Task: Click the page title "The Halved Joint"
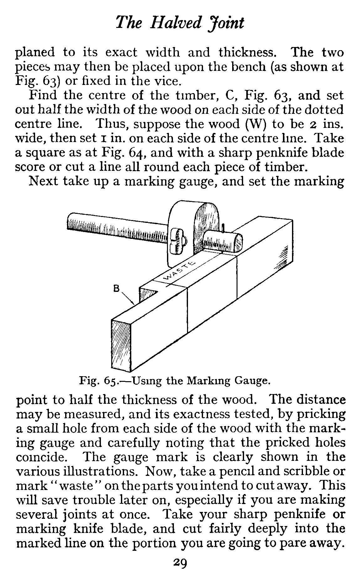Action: [180, 23]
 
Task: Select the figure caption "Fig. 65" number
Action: [111, 381]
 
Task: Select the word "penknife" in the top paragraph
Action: [270, 153]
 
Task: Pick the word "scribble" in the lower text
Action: [305, 471]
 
